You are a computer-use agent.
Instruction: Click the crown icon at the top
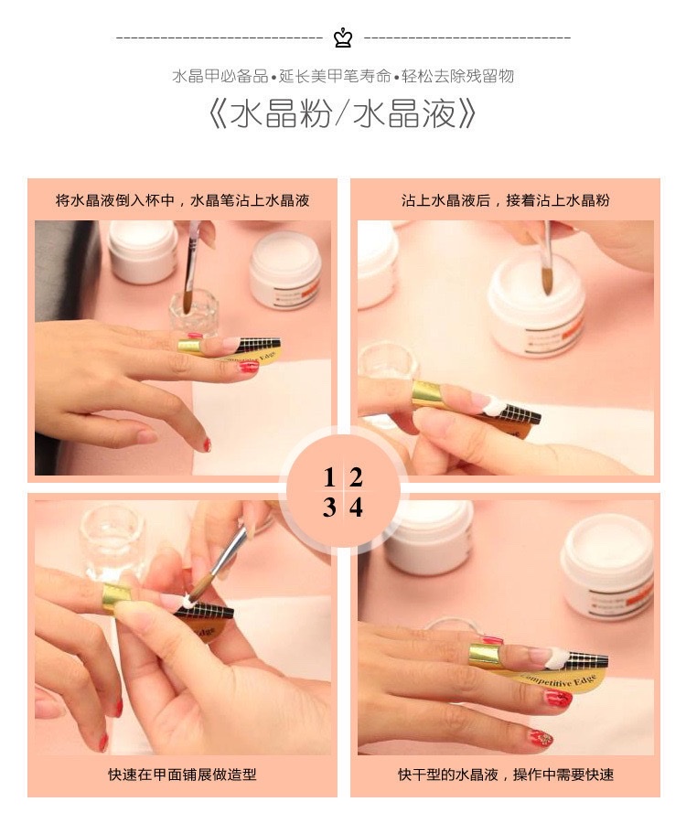pos(343,37)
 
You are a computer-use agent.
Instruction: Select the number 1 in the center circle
pos(329,477)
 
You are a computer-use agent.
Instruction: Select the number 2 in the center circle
pos(356,477)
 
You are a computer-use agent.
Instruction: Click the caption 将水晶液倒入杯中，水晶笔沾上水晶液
pos(183,199)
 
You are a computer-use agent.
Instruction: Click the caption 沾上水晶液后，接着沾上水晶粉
pos(505,199)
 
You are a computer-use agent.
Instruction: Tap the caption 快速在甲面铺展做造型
pos(183,775)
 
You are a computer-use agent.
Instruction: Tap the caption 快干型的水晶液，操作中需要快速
pos(505,775)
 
